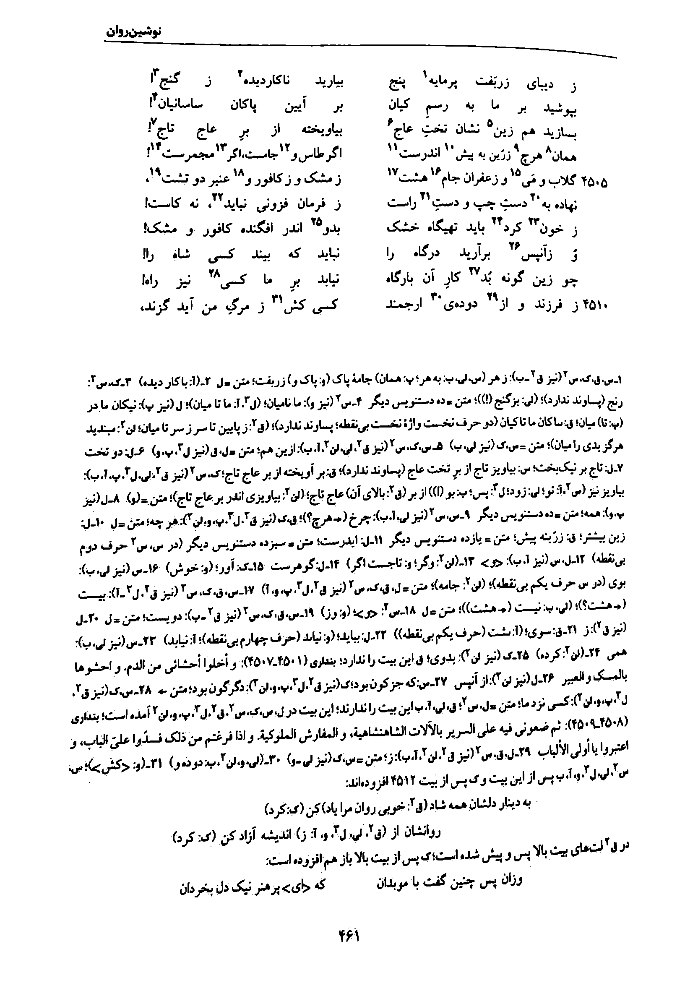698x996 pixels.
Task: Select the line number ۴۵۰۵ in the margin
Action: click(x=595, y=181)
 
